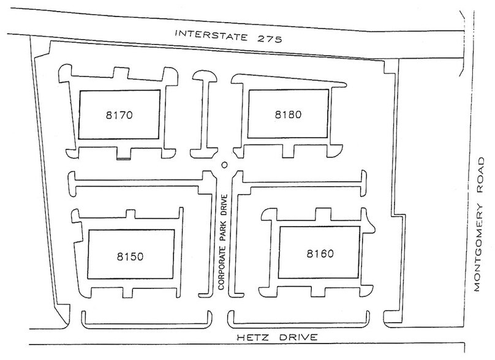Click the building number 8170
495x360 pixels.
tap(119, 115)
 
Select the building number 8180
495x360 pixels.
tap(288, 114)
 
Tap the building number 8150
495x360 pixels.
tap(130, 256)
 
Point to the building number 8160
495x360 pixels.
tap(320, 253)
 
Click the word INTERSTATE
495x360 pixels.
tap(211, 36)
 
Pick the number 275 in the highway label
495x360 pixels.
tap(270, 39)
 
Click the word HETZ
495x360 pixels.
tap(253, 337)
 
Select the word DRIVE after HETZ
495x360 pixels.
tap(298, 337)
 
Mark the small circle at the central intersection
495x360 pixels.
tap(224, 165)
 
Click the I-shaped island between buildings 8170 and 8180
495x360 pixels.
tap(204, 114)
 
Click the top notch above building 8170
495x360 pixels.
tap(121, 73)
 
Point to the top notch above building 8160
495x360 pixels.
tap(323, 214)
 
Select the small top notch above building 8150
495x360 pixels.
tap(130, 214)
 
